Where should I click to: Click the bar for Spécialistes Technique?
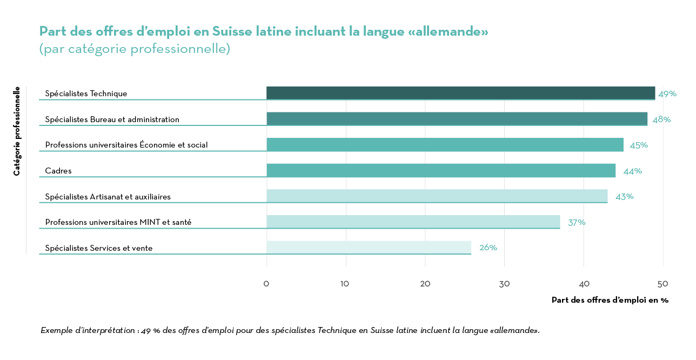pyautogui.click(x=460, y=93)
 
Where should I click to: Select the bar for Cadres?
pyautogui.click(x=441, y=170)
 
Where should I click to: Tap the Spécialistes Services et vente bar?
pyautogui.click(x=369, y=248)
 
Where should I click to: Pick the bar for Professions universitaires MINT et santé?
pyautogui.click(x=413, y=222)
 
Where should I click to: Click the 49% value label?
pyautogui.click(x=667, y=94)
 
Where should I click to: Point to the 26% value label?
pyautogui.click(x=488, y=248)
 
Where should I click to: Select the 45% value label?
pyautogui.click(x=639, y=145)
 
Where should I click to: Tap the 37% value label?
pyautogui.click(x=577, y=222)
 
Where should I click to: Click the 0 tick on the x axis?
pyautogui.click(x=266, y=284)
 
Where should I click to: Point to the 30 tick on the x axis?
pyautogui.click(x=504, y=284)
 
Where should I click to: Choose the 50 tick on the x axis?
pyautogui.click(x=662, y=284)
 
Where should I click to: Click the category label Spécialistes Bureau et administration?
pyautogui.click(x=112, y=119)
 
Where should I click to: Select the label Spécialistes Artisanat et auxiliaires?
pyautogui.click(x=108, y=197)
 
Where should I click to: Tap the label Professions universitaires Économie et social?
pyautogui.click(x=126, y=145)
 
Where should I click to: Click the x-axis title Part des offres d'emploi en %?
pyautogui.click(x=610, y=300)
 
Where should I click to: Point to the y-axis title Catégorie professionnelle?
pyautogui.click(x=17, y=131)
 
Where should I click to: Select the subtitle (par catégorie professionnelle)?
pyautogui.click(x=135, y=49)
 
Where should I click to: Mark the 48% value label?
pyautogui.click(x=661, y=119)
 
